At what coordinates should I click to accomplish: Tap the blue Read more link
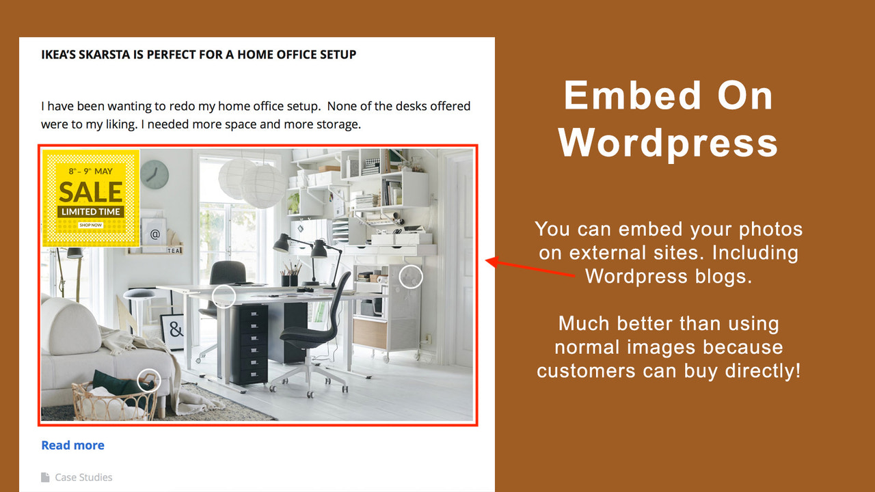[72, 446]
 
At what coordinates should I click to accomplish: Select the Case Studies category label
[83, 477]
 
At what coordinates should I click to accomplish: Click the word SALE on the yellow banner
[91, 192]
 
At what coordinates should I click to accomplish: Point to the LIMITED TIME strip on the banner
[91, 212]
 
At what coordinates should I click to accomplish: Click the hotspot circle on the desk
[224, 296]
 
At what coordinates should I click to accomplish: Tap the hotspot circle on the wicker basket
[148, 381]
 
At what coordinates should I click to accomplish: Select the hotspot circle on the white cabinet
[411, 277]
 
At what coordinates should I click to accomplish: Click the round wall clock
[154, 174]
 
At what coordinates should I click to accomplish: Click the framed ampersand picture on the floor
[174, 331]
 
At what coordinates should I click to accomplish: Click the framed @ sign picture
[154, 234]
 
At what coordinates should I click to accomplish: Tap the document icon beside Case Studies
[46, 477]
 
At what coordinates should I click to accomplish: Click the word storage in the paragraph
[334, 125]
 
